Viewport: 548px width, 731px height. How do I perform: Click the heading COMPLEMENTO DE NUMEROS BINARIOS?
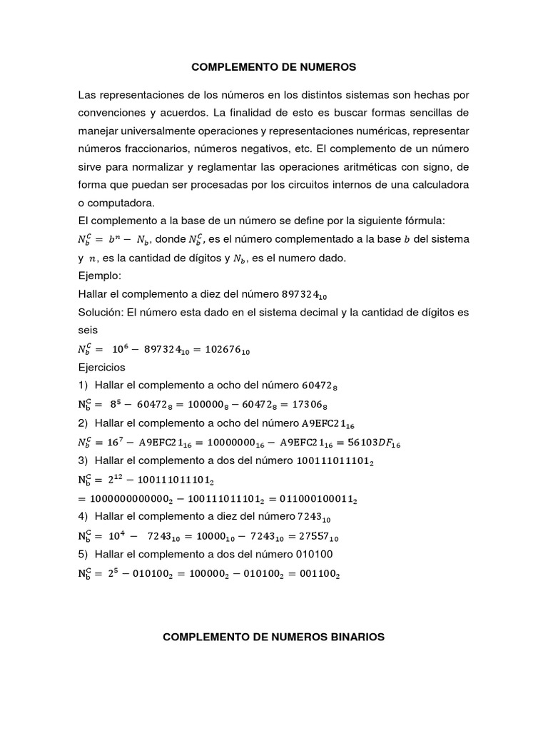coord(274,637)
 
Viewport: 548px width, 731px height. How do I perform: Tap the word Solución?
coord(101,313)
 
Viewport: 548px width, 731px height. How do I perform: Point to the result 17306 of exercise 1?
coord(317,405)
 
